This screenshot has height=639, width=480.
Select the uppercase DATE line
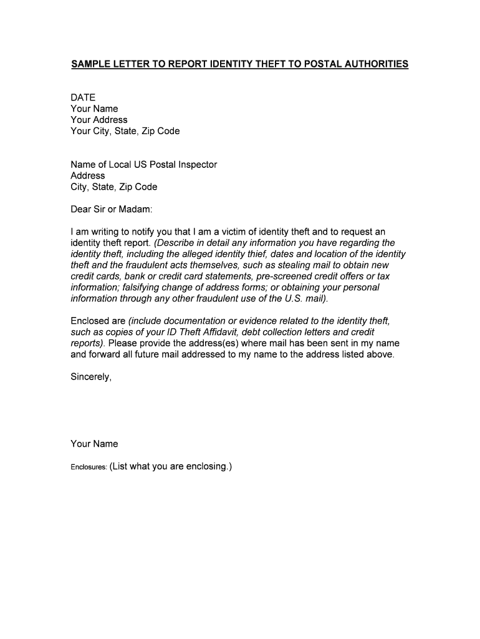click(x=83, y=97)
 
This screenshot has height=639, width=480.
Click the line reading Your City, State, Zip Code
click(x=125, y=131)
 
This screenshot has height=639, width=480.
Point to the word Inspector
click(x=196, y=165)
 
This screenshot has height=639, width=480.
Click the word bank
click(x=135, y=276)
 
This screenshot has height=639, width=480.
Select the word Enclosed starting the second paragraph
click(x=89, y=321)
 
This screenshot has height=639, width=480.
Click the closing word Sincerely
click(x=90, y=377)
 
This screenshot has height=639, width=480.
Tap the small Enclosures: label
click(x=88, y=467)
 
